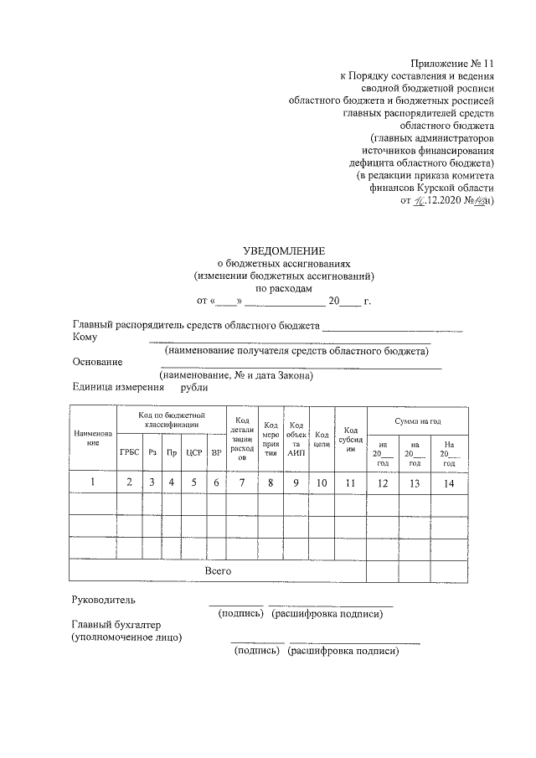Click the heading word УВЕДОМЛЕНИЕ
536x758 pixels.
[x=283, y=250]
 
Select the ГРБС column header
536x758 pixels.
[x=129, y=452]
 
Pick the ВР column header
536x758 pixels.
[x=215, y=452]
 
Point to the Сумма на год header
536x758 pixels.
[x=416, y=420]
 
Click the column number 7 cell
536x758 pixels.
[x=243, y=482]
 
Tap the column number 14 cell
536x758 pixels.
[x=449, y=482]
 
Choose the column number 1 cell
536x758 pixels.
[x=93, y=482]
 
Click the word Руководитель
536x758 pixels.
[x=103, y=600]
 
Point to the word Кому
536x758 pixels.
[x=85, y=338]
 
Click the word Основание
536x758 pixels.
[x=98, y=362]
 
